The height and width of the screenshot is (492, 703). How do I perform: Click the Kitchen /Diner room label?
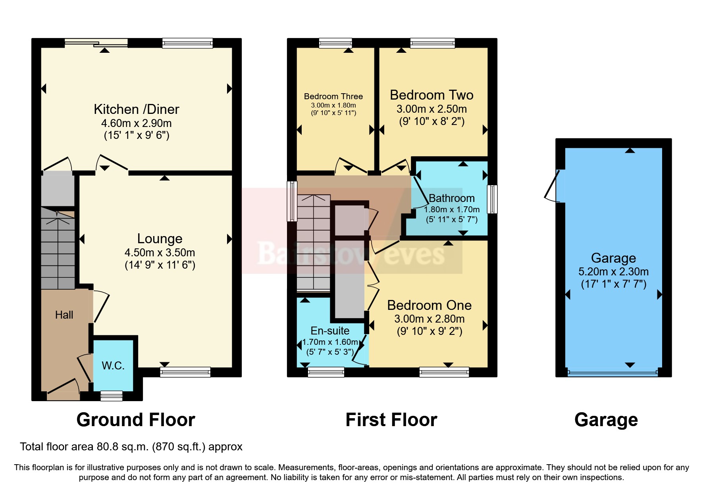point(136,109)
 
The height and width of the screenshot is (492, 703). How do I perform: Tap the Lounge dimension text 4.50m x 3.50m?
point(160,252)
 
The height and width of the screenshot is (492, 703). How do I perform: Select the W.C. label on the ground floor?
point(113,365)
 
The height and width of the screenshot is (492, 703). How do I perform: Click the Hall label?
point(64,315)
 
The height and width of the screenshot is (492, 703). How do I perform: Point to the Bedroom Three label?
point(333,96)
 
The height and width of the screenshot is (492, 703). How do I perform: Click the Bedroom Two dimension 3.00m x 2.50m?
point(431,109)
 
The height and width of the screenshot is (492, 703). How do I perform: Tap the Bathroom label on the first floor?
point(451,198)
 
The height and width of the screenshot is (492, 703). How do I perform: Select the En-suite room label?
point(330,331)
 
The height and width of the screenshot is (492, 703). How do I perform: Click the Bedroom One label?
point(429,305)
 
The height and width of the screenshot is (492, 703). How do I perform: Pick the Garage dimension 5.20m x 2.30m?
point(613,271)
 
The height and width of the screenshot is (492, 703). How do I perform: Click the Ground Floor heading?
point(136,420)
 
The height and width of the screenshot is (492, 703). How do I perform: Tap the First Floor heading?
point(391,420)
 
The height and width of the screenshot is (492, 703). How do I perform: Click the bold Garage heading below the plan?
point(606,420)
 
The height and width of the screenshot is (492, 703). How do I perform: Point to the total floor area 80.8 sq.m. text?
point(131,447)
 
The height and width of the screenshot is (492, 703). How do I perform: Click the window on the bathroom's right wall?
point(492,199)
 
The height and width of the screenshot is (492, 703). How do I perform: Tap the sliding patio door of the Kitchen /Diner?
point(96,43)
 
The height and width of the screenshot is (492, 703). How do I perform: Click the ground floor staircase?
point(58,250)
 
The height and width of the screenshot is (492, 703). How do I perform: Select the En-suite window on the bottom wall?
point(326,372)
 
